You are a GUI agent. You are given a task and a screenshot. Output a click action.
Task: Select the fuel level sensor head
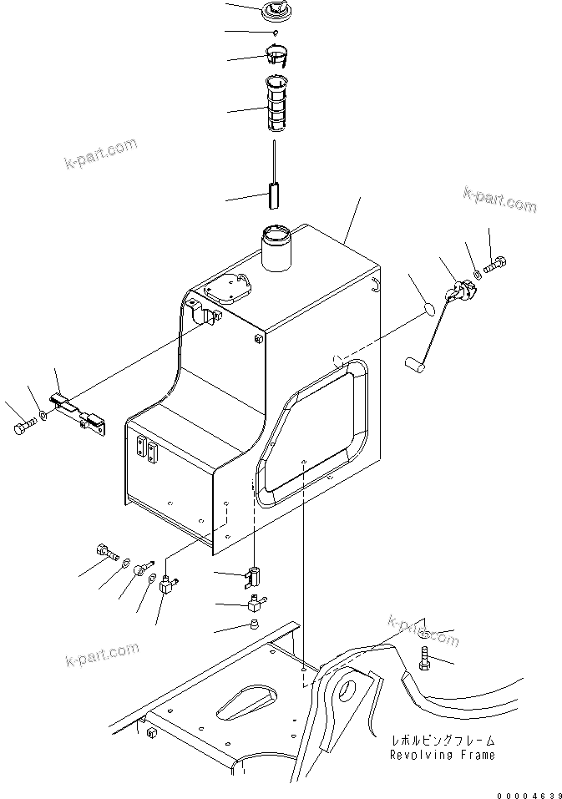(462, 291)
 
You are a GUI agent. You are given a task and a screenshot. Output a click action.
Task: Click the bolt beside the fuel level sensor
(494, 264)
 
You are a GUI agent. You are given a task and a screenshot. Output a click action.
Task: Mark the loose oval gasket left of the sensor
(428, 308)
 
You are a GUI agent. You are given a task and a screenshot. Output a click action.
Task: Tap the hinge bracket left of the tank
(77, 411)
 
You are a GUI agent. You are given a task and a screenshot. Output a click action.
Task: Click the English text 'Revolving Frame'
(443, 755)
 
